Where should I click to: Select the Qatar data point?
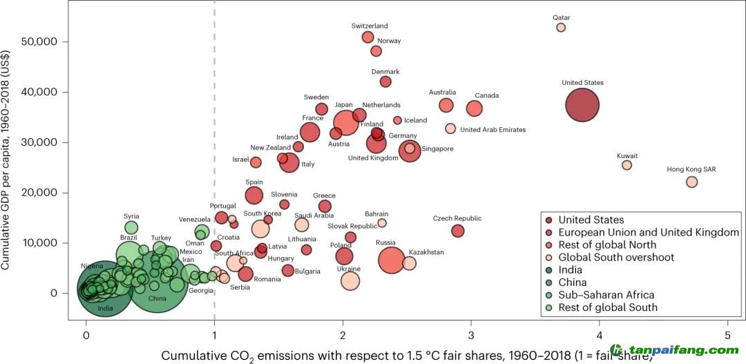(x=561, y=28)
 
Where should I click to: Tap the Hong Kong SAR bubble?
(x=691, y=182)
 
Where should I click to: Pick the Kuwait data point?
(x=627, y=165)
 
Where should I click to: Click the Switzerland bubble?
(x=367, y=37)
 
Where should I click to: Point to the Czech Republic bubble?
(x=457, y=231)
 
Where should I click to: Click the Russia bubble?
(x=392, y=260)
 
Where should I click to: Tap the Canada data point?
(x=474, y=108)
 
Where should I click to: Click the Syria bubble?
(x=131, y=227)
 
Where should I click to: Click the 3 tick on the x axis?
(x=471, y=335)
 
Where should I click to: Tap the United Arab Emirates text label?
(x=492, y=129)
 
